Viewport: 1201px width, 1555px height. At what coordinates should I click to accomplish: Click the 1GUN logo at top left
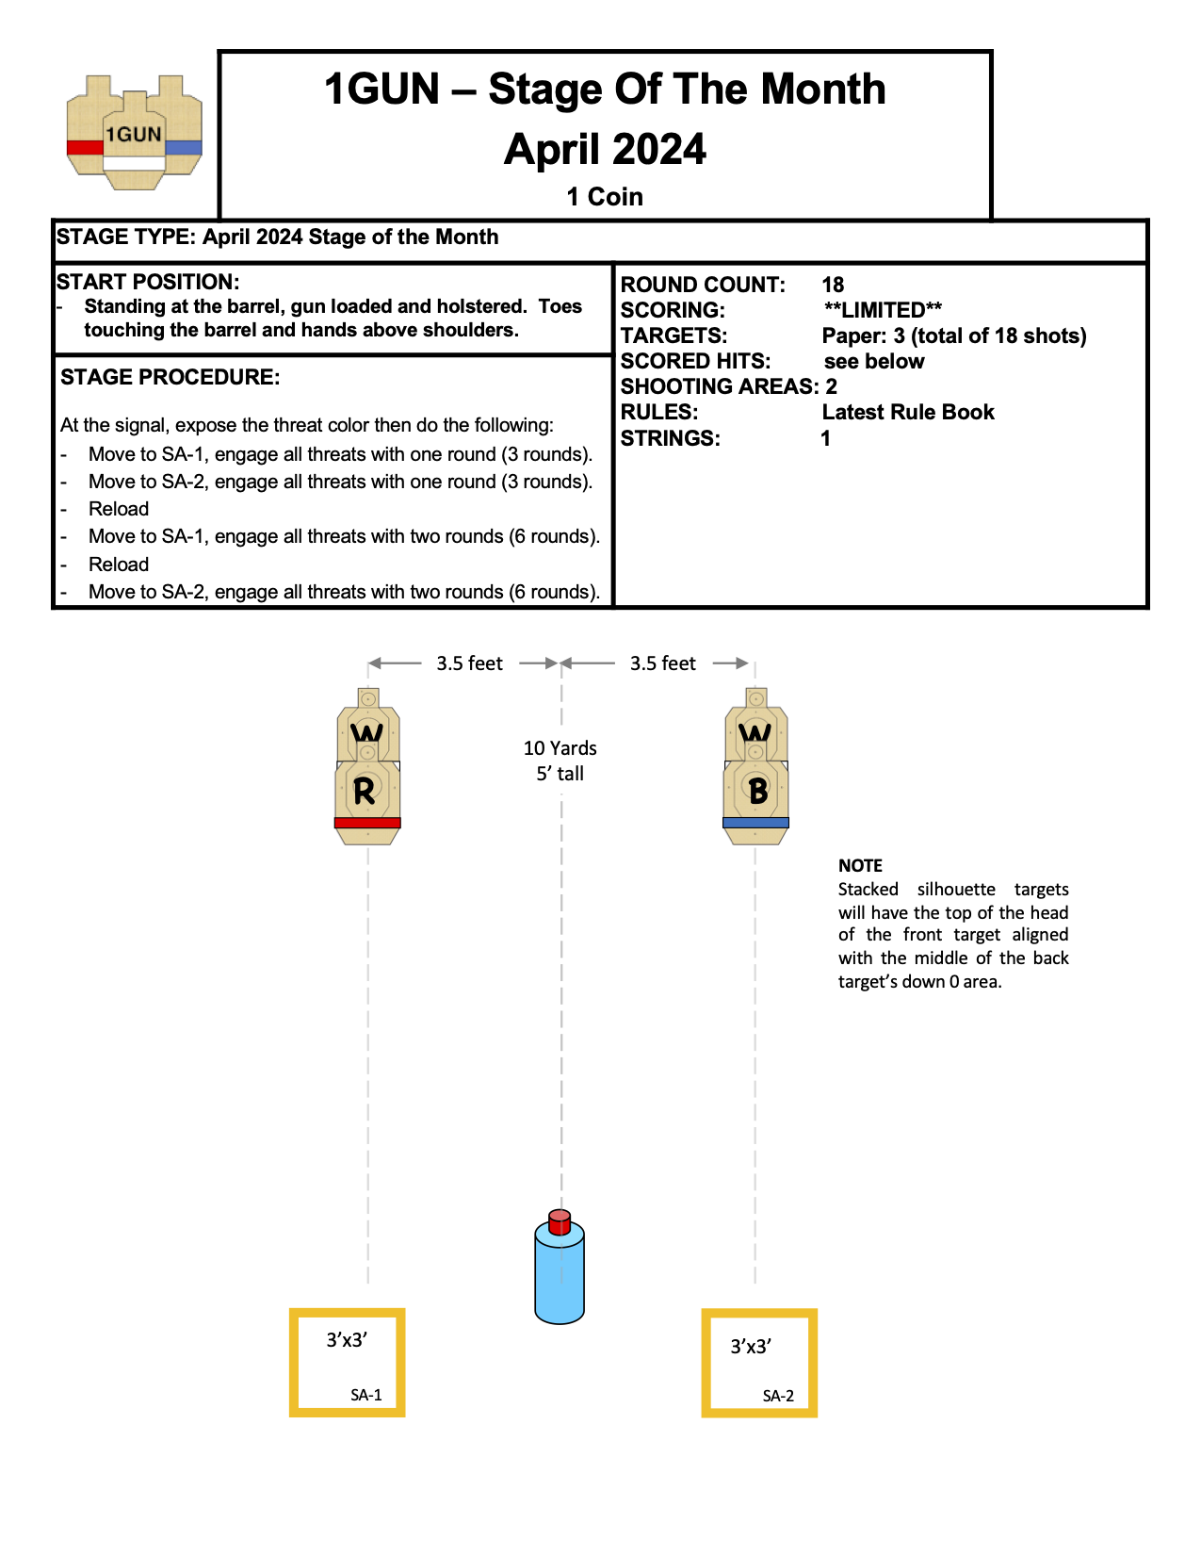coord(134,133)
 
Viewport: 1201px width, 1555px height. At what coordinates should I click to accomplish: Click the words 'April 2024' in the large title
coord(605,149)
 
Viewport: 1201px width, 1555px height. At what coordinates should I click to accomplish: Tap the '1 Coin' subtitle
coord(605,197)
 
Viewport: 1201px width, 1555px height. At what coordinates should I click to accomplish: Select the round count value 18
coord(833,285)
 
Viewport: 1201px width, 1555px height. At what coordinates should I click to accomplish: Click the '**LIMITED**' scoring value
coord(883,310)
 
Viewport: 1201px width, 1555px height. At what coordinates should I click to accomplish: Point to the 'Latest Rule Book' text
coord(908,412)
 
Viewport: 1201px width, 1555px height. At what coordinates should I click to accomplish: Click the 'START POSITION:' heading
coord(148,282)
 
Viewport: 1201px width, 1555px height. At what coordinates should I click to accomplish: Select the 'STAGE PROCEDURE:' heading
coord(170,377)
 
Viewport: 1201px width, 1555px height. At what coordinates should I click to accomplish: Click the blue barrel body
coord(560,1278)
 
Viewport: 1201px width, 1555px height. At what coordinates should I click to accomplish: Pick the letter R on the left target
coord(365,792)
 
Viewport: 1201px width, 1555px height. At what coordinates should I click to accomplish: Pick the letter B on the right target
coord(757,792)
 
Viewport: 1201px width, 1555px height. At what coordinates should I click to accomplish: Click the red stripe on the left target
coord(367,823)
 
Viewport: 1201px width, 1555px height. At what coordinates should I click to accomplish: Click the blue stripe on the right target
coord(755,823)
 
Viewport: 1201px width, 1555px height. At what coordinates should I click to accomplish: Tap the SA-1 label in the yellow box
coord(366,1395)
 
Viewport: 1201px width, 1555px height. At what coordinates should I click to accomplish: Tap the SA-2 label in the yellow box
coord(778,1396)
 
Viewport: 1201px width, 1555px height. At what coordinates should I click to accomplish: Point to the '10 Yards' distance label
coord(560,748)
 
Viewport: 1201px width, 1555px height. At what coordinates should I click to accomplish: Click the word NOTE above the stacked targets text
coord(860,865)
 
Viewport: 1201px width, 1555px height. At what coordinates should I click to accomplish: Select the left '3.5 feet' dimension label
coord(469,663)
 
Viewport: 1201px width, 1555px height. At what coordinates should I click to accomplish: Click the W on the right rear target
coord(755,732)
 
